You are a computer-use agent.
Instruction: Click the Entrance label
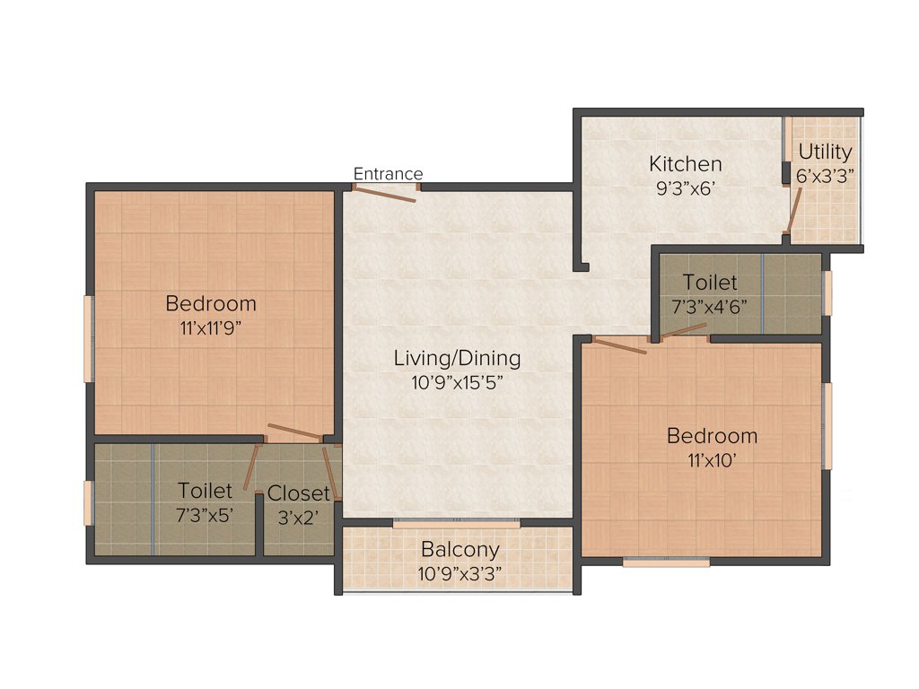click(388, 174)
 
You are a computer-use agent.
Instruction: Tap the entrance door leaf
click(385, 194)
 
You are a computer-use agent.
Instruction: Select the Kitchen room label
click(686, 164)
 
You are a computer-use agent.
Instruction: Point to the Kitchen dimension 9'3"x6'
click(686, 189)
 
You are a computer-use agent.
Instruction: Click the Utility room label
click(825, 152)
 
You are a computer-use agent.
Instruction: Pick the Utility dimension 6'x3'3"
click(825, 177)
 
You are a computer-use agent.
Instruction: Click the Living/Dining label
click(457, 359)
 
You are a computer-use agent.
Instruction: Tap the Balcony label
click(460, 549)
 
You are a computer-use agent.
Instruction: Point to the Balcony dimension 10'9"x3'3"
click(460, 572)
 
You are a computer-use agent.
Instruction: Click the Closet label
click(299, 493)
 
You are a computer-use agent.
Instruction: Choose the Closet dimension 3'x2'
click(299, 518)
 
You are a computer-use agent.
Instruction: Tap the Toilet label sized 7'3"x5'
click(206, 491)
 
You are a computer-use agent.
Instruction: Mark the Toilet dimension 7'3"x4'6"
click(710, 306)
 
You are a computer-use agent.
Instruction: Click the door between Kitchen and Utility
click(792, 215)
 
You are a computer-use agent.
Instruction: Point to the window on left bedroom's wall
click(88, 337)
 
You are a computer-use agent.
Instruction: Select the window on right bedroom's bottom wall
click(666, 563)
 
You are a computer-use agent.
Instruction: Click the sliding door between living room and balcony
click(457, 522)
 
